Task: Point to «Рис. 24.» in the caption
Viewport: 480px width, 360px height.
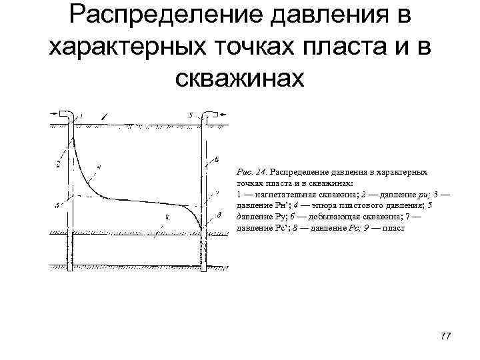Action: tap(253, 172)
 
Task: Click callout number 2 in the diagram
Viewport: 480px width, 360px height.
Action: tap(59, 163)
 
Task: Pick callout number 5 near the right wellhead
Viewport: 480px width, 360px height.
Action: tap(191, 115)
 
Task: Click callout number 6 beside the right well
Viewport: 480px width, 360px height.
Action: tap(217, 159)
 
